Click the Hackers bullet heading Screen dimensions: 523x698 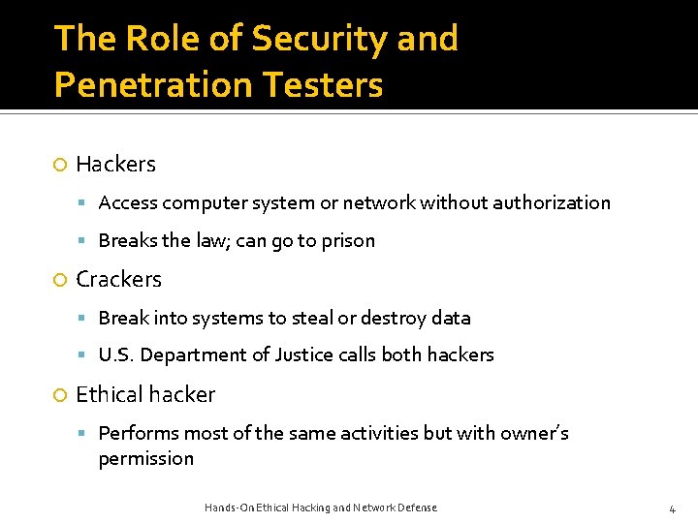click(115, 165)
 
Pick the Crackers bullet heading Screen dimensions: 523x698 click(118, 280)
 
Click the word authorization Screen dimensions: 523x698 click(552, 202)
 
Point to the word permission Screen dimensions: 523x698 click(146, 459)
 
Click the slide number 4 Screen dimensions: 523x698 click(672, 508)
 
